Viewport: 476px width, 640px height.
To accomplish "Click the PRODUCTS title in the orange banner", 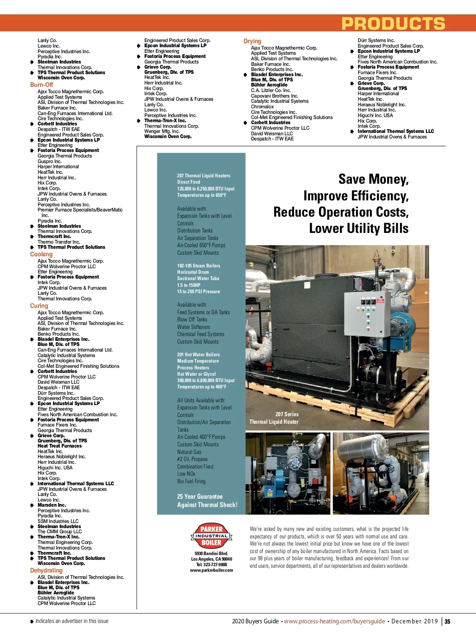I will [393, 24].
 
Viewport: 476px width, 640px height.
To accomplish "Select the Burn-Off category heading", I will [41, 85].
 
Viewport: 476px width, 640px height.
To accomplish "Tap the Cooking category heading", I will [41, 254].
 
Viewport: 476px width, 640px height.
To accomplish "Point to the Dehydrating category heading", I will [46, 571].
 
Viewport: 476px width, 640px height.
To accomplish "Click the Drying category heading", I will [252, 41].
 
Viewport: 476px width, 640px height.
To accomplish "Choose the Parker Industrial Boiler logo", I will [211, 535].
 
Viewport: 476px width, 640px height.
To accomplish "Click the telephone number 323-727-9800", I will [211, 565].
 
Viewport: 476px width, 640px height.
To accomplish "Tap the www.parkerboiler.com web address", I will [211, 570].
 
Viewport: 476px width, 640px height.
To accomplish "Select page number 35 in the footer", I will [447, 622].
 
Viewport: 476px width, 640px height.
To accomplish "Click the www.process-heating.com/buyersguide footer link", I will [334, 621].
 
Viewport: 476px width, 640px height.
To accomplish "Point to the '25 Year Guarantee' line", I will [200, 497].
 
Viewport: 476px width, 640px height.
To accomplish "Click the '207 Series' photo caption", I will [287, 414].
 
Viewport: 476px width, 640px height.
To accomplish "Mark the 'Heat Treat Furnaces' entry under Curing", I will [59, 446].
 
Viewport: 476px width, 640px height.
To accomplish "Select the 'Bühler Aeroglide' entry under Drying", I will [269, 85].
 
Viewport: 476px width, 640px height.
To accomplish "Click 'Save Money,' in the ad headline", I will [373, 179].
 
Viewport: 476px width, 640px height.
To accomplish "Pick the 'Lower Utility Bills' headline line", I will [359, 229].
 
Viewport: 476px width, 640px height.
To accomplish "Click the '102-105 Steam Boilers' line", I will [198, 266].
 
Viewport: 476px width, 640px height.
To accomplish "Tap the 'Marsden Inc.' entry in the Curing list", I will [52, 505].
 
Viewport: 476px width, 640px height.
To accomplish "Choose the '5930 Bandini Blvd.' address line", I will [211, 554].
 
